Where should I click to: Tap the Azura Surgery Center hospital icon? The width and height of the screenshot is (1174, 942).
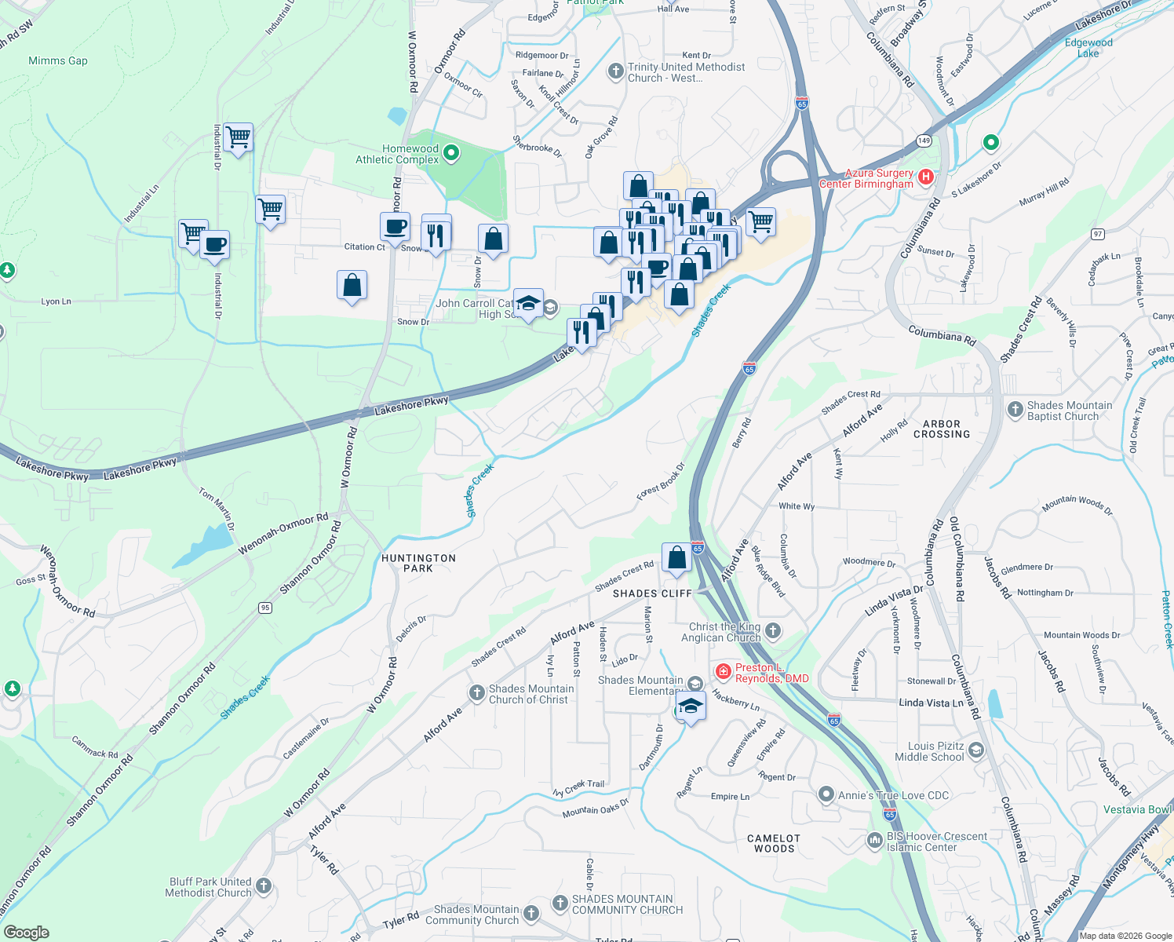(926, 177)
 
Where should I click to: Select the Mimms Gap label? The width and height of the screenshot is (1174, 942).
(58, 60)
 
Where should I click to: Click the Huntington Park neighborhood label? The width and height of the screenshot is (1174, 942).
(418, 563)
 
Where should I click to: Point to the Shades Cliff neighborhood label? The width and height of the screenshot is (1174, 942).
(652, 593)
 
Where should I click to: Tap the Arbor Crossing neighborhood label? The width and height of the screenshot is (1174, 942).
(942, 429)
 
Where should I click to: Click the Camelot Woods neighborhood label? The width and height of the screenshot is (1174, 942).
(774, 843)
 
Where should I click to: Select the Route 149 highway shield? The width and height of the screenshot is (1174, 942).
(924, 141)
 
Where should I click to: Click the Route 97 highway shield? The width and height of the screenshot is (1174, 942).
(1097, 234)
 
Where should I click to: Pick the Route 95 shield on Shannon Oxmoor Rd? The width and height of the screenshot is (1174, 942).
(265, 608)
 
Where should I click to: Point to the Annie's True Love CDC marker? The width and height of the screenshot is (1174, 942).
(826, 794)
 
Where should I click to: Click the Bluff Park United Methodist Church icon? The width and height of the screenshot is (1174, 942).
(264, 886)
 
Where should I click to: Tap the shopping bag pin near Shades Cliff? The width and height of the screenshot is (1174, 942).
(676, 558)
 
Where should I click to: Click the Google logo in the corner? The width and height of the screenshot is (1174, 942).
(26, 932)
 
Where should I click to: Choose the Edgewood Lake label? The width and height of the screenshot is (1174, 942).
(1088, 48)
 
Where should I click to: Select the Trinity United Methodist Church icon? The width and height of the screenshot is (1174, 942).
(615, 71)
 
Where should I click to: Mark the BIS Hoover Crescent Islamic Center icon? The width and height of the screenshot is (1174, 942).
(874, 841)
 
